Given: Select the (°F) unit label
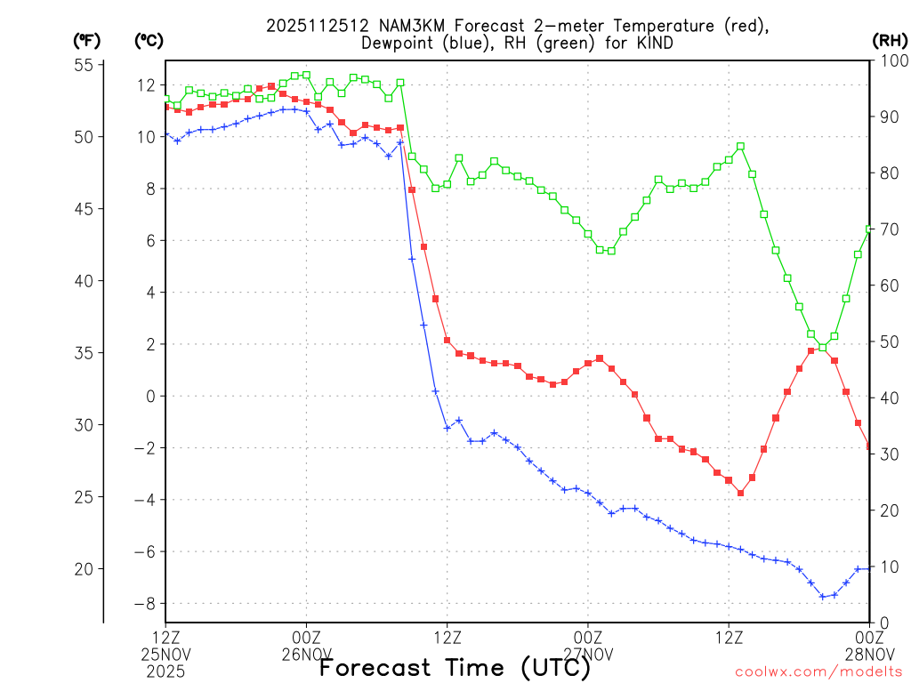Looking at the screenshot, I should (87, 40).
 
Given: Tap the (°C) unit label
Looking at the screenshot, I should (149, 40).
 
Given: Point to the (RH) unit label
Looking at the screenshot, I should (889, 40).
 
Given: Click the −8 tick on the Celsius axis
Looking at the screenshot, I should (145, 604).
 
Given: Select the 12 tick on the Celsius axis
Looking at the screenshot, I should (147, 85).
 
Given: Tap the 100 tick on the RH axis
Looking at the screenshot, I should (891, 60).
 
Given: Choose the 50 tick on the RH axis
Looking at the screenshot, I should (887, 341).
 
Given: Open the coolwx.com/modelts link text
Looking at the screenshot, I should (818, 671).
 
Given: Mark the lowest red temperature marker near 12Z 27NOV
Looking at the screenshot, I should (740, 493).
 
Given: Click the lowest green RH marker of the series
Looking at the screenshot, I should (822, 348).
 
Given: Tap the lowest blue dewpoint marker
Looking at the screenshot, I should (822, 597).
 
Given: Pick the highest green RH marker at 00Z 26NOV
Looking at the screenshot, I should (306, 75).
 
